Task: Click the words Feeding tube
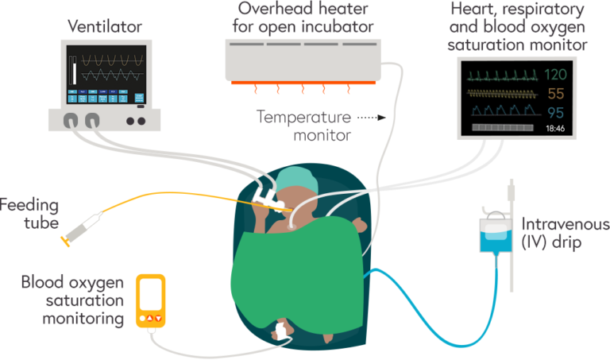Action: [x=29, y=214]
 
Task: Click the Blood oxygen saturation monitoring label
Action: [x=73, y=300]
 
